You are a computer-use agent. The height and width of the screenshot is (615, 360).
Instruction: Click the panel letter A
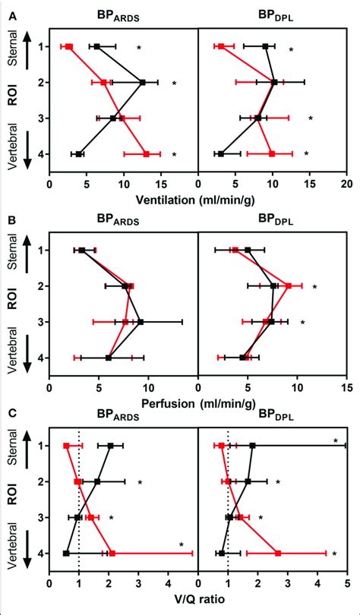8,8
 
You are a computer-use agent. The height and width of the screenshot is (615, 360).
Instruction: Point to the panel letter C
8,414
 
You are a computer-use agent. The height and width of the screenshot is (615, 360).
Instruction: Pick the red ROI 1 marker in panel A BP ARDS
68,47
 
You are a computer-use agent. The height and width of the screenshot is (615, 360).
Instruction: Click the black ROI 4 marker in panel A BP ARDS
79,154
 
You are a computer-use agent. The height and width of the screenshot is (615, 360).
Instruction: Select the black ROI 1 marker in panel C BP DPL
252,446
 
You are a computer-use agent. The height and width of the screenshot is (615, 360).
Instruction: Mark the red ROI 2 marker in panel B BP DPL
289,285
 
